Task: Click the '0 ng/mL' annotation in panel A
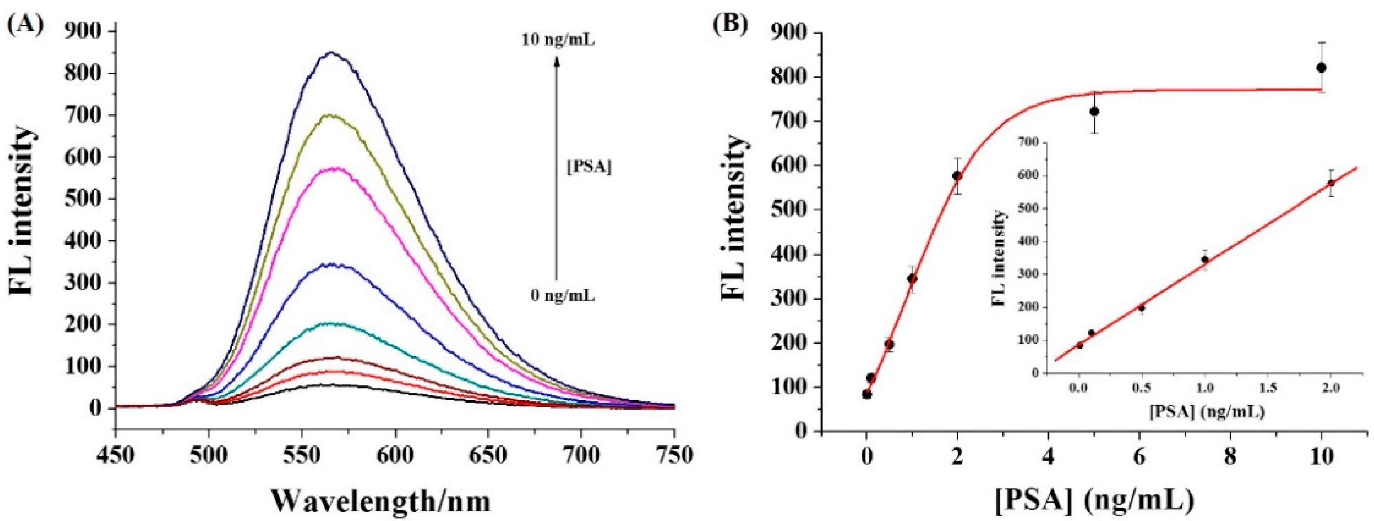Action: click(562, 295)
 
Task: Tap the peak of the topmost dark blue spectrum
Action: click(331, 52)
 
